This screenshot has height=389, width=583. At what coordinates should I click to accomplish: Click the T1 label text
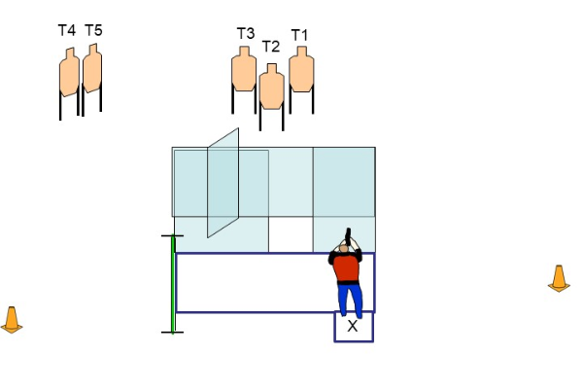click(299, 36)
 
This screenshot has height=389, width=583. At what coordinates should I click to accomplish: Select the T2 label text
click(271, 47)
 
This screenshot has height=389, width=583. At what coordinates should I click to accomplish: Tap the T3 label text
click(246, 34)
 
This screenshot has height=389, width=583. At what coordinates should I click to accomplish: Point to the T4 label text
click(66, 31)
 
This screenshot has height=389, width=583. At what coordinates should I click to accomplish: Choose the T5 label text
click(93, 30)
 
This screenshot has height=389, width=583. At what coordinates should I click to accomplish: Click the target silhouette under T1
click(301, 70)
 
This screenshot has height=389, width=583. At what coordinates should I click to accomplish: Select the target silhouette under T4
click(69, 74)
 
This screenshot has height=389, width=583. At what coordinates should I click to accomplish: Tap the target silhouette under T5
click(92, 70)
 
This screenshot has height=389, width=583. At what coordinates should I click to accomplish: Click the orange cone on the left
click(12, 319)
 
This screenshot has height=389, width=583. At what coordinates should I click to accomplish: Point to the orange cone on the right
click(559, 278)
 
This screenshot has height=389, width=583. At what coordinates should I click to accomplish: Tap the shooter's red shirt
click(347, 267)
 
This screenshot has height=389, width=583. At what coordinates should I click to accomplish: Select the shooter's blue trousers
click(349, 297)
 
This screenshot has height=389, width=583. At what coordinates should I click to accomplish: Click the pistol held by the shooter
click(347, 234)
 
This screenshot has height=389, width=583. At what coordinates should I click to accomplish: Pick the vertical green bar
click(173, 284)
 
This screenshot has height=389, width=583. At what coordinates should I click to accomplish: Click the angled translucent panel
click(223, 183)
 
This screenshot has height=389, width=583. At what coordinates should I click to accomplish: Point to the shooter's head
click(343, 249)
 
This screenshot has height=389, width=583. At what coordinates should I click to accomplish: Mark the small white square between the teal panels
click(291, 234)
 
